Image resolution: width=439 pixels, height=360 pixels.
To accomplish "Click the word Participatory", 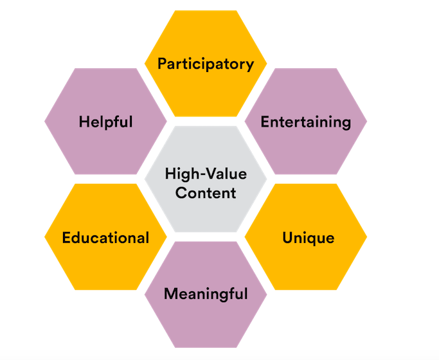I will [206, 64].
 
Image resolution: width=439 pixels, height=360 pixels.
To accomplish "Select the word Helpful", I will [105, 121].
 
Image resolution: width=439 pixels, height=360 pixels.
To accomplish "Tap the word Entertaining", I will [306, 122].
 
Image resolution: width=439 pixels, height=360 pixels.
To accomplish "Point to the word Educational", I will [105, 237].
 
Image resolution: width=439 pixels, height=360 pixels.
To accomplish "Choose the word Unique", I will [309, 238].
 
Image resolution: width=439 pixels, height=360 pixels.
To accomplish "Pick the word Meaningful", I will [206, 294].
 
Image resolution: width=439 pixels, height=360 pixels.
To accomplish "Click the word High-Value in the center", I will [206, 174].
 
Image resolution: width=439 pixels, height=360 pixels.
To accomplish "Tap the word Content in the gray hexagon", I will [206, 192].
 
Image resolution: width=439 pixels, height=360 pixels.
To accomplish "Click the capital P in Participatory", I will [162, 64].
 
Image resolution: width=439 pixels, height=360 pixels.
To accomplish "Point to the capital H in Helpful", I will [84, 121].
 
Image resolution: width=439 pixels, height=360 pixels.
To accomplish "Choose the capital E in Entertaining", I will [264, 122].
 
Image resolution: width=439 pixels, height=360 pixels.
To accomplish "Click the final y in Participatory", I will [250, 66].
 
